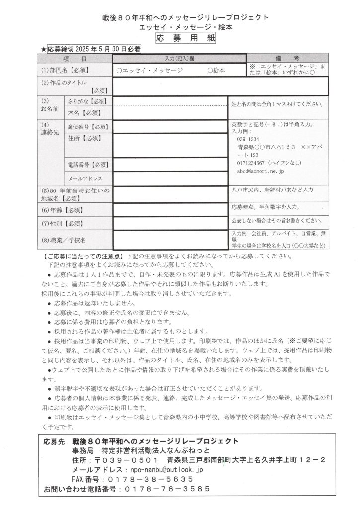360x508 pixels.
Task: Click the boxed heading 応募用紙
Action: [x=179, y=38]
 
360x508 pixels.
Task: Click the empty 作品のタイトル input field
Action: [x=220, y=86]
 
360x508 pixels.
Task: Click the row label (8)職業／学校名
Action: [x=64, y=240]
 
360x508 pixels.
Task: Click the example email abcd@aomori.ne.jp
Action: [x=258, y=171]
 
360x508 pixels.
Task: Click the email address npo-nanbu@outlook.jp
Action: [x=165, y=469]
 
